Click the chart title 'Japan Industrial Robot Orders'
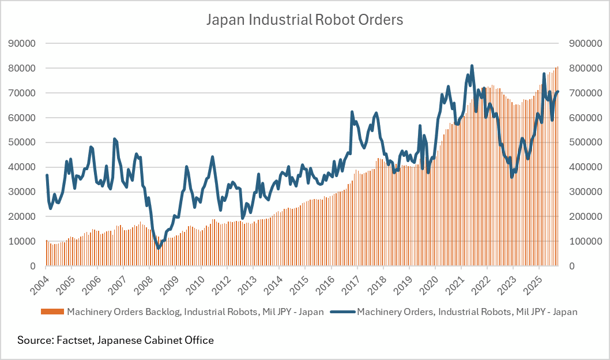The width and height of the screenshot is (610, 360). coord(304,20)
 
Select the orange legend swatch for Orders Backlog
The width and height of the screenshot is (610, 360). coord(52,312)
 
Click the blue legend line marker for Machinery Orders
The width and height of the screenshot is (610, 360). coord(342,312)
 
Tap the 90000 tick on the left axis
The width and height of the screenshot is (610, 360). coord(22,43)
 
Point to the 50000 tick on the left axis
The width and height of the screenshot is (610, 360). coord(22,142)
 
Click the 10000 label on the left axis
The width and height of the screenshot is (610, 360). coord(22,241)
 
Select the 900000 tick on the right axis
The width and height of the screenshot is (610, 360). coord(585,43)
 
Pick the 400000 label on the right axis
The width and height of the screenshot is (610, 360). coord(585,167)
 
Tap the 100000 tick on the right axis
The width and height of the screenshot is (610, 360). coord(585,241)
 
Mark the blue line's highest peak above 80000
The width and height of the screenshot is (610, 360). coord(472,66)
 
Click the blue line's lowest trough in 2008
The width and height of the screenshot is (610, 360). coord(159,248)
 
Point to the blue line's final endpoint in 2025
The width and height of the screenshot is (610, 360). coord(558,92)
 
